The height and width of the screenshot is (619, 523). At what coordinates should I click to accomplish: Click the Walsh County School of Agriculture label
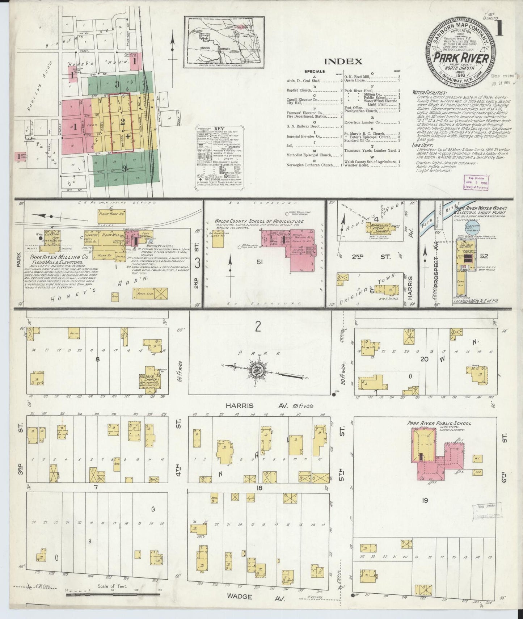coord(259,221)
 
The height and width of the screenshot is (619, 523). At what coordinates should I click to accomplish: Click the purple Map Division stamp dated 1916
coord(476,182)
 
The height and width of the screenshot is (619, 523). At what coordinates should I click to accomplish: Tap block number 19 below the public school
coord(425,501)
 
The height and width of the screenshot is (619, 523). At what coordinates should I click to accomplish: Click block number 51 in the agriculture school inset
coord(259,262)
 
